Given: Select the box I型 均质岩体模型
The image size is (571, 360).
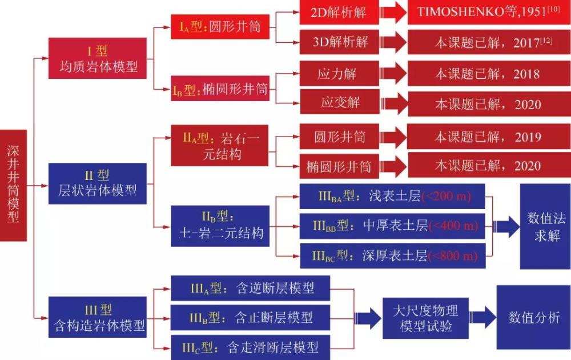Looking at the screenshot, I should coord(98,59).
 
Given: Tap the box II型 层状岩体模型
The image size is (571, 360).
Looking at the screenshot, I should coord(98,183).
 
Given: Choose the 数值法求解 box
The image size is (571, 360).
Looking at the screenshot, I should coord(545,226).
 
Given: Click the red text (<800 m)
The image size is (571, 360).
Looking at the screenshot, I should coord(452,255).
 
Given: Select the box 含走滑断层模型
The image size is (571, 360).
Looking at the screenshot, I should coord(251,347).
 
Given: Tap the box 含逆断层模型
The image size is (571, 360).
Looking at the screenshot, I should coord(251,287).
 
